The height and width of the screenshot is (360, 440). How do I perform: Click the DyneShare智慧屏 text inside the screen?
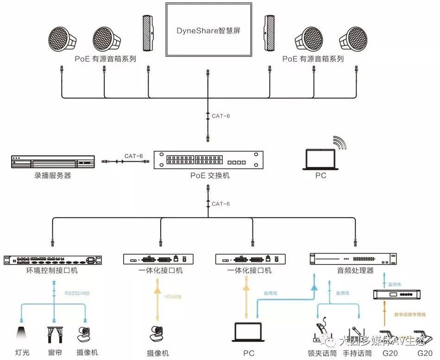coord(208,32)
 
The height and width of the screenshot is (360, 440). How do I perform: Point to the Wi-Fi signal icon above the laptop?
coord(340,143)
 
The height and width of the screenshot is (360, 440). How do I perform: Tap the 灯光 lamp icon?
coord(21,334)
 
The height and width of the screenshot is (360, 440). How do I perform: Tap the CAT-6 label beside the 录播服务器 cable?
coord(133,156)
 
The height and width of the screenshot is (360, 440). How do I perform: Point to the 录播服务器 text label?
coord(53,176)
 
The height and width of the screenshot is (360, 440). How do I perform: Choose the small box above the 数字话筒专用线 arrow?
coord(395,294)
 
